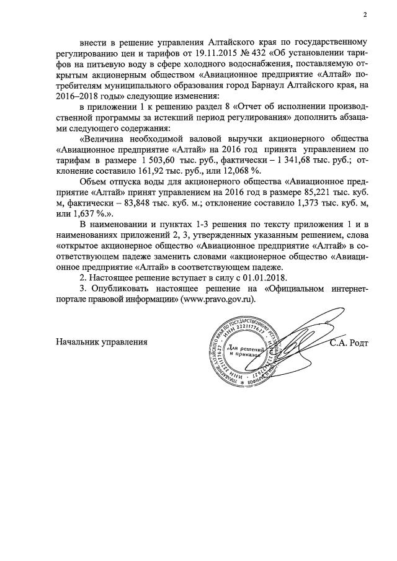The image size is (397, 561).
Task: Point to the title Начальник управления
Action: (102, 342)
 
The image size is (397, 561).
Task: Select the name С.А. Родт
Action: (349, 342)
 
